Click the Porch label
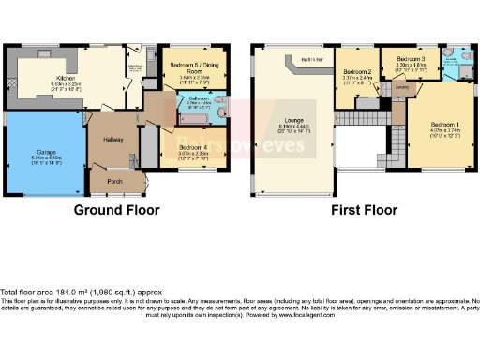click(114, 182)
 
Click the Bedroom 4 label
click(194, 146)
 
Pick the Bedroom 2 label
click(357, 72)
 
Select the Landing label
click(401, 90)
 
